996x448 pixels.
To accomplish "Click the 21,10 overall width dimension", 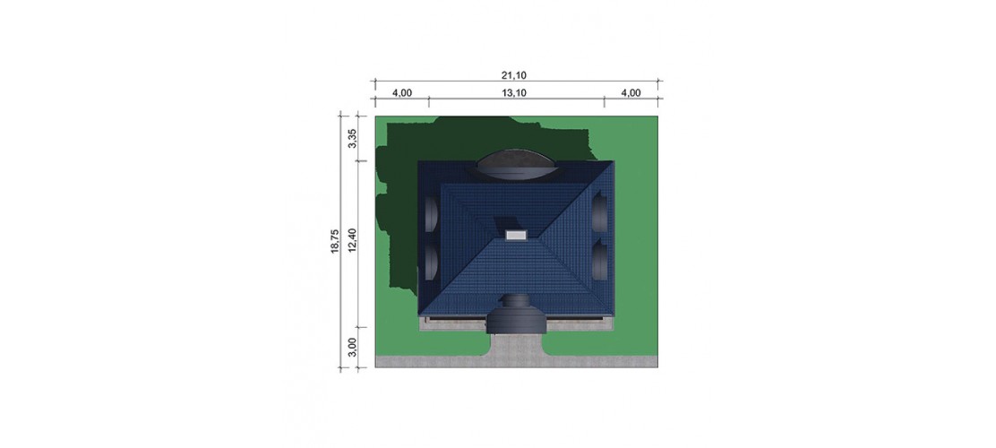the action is tap(514, 75).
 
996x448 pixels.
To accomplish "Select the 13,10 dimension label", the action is tap(514, 93).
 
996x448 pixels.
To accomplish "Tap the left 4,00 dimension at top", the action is tap(401, 93).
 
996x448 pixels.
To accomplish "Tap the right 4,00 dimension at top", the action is tap(631, 93).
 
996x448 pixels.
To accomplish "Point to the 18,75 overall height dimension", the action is tap(335, 242).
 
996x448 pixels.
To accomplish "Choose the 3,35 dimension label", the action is tap(353, 138).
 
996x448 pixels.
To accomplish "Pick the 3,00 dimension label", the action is tap(353, 348).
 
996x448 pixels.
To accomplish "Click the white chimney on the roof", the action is tap(516, 235).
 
